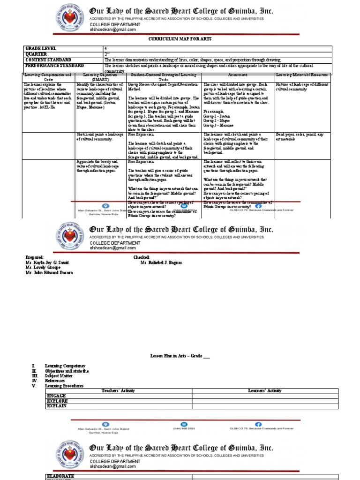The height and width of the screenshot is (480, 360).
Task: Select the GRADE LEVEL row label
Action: coord(41,49)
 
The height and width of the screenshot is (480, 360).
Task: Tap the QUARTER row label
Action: coord(37,54)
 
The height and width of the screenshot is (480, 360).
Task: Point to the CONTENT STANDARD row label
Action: coord(48,60)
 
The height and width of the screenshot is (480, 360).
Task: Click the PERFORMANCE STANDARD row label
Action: coord(54,66)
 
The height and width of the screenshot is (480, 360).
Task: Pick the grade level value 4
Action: coord(106,49)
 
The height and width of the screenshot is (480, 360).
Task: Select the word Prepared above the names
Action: coord(35,257)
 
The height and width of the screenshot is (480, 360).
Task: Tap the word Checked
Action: coord(142,257)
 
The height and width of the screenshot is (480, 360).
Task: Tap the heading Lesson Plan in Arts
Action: coord(176,356)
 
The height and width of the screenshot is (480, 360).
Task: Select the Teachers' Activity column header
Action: coord(118,390)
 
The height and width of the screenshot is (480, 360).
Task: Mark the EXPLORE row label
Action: coord(57,401)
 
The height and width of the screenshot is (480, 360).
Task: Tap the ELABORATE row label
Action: coord(61,476)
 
